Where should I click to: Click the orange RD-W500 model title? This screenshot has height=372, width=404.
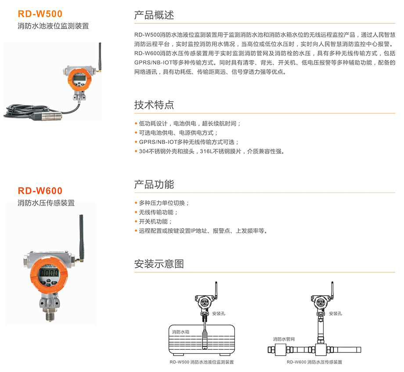pyautogui.click(x=40, y=14)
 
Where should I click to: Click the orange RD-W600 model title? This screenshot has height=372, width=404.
pyautogui.click(x=40, y=191)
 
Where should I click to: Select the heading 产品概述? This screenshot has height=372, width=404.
pyautogui.click(x=154, y=15)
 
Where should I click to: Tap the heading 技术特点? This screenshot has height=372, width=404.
pyautogui.click(x=154, y=105)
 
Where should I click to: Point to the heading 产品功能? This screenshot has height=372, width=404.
pyautogui.click(x=154, y=184)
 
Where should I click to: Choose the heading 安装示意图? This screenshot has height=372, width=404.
pyautogui.click(x=159, y=264)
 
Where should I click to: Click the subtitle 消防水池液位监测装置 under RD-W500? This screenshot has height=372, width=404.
pyautogui.click(x=53, y=26)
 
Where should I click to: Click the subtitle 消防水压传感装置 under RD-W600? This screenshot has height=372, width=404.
pyautogui.click(x=46, y=203)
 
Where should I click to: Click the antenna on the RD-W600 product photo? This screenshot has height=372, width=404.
pyautogui.click(x=81, y=237)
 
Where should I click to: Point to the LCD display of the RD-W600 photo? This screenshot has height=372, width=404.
pyautogui.click(x=48, y=272)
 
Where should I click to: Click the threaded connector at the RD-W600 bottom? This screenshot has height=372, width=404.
pyautogui.click(x=50, y=315)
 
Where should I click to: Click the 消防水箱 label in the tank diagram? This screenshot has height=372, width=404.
pyautogui.click(x=180, y=332)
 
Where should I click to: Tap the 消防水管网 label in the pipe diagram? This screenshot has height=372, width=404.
pyautogui.click(x=284, y=339)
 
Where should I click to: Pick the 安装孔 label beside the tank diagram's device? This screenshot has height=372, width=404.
pyautogui.click(x=219, y=314)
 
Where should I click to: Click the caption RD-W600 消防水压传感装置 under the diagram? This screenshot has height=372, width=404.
pyautogui.click(x=314, y=362)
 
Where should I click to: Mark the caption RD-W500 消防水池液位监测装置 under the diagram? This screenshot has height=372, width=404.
pyautogui.click(x=202, y=362)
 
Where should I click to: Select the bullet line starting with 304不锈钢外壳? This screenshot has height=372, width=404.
pyautogui.click(x=209, y=151)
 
